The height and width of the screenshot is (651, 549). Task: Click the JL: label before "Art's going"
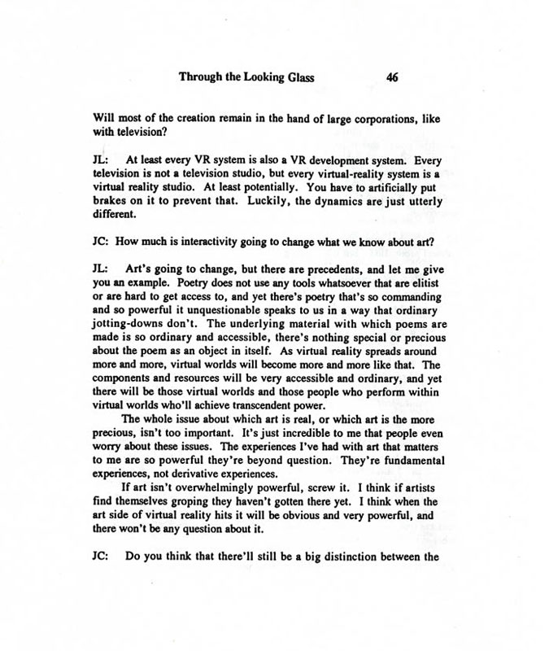[103, 266]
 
